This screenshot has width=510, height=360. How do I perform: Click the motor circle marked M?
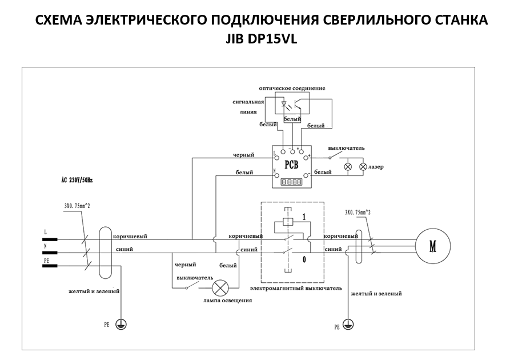click(432, 246)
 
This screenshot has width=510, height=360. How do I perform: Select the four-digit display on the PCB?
click(292, 182)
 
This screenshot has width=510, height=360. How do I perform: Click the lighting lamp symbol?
click(220, 287)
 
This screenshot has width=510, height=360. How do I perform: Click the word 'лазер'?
click(376, 167)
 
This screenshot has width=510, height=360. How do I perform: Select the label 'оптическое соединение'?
click(292, 89)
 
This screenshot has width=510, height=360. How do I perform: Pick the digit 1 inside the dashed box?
click(304, 217)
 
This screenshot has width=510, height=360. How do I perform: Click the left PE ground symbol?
click(121, 324)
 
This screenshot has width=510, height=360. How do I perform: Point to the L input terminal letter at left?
click(45, 232)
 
